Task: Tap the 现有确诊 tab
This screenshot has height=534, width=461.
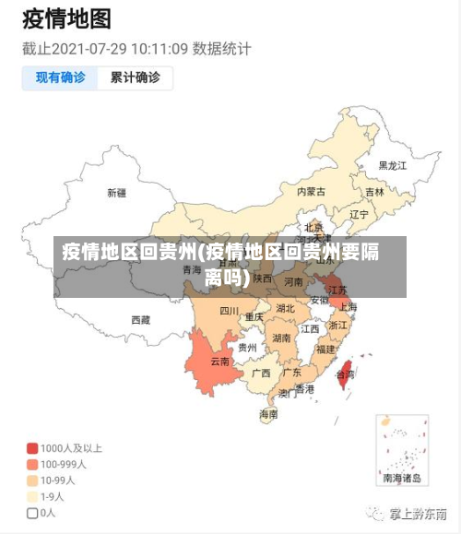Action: (61, 78)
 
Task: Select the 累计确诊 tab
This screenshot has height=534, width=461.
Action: (135, 78)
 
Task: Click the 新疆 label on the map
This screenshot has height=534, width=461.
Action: (116, 193)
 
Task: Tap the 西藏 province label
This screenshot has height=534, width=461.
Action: (140, 320)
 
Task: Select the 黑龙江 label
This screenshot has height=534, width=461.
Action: (392, 166)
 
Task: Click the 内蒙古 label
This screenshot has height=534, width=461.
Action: (311, 192)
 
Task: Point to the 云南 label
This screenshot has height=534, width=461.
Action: (219, 362)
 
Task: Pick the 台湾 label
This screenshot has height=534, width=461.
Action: (344, 375)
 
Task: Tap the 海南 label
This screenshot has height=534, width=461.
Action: (268, 414)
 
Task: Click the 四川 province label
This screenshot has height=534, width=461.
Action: (229, 311)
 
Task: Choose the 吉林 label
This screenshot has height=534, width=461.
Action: (374, 193)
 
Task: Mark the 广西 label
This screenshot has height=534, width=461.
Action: (261, 374)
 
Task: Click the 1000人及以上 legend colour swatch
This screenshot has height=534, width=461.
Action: (32, 448)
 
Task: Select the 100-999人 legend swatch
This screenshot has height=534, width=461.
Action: (32, 464)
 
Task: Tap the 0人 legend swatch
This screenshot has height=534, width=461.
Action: (32, 513)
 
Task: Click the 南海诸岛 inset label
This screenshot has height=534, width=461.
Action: (402, 479)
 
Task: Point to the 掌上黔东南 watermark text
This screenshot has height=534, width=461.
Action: (418, 513)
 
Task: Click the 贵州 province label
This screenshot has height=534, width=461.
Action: (247, 348)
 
